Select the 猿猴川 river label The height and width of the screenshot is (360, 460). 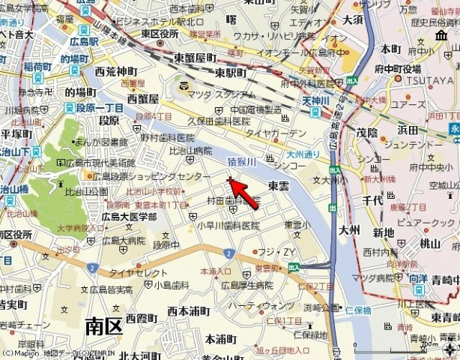click(x=241, y=161)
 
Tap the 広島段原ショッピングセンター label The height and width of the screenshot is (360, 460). click(x=152, y=176)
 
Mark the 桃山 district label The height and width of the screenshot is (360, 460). click(x=429, y=243)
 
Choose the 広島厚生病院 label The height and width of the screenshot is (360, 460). click(x=246, y=285)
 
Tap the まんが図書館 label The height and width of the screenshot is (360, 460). click(x=102, y=142)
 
